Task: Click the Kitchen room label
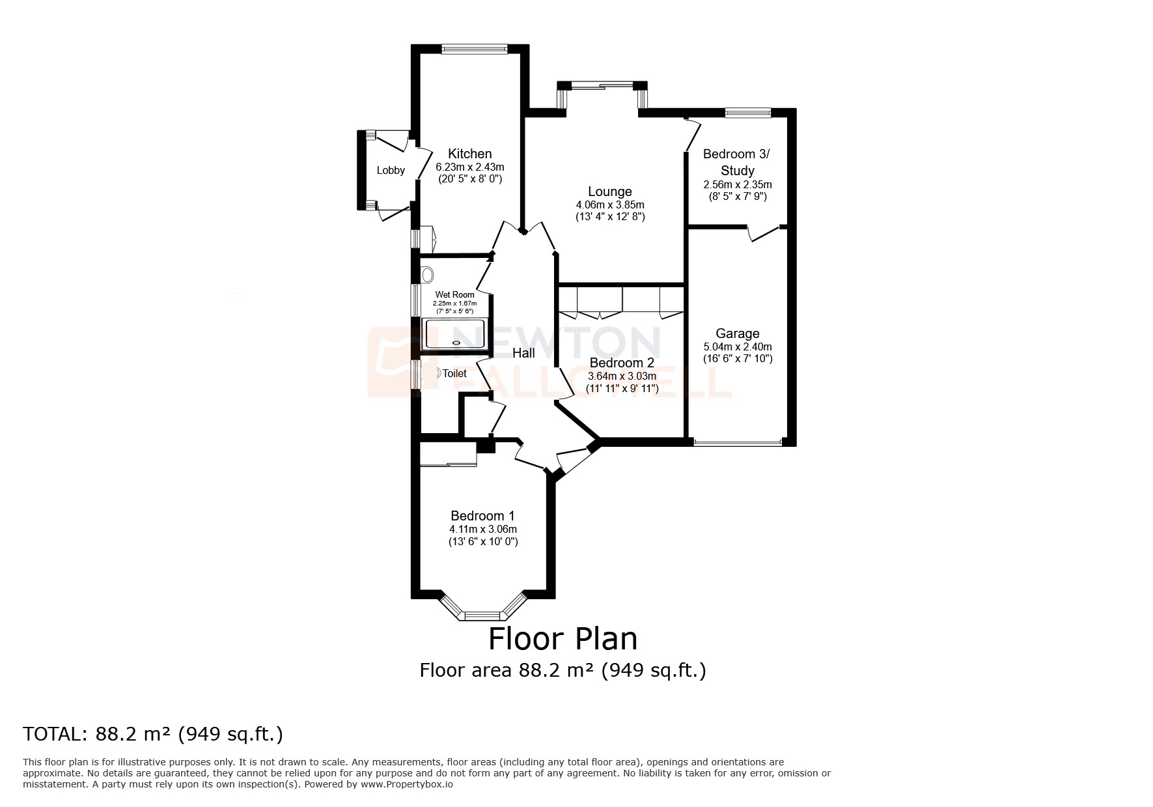tap(469, 154)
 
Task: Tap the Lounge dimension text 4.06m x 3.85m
tap(609, 205)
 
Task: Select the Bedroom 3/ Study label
tap(737, 162)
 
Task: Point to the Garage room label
tap(737, 333)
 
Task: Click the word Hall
tap(523, 353)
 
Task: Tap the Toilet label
tap(454, 374)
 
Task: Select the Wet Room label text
tap(454, 294)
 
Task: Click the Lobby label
tap(391, 171)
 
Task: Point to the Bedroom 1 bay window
tap(482, 614)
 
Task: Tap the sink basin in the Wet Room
tap(427, 274)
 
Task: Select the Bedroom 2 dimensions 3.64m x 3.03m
tap(622, 376)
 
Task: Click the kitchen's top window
tap(473, 48)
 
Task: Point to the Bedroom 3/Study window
tap(747, 113)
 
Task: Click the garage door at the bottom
tap(737, 443)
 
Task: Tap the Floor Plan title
tap(563, 639)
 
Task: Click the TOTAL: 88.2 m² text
tap(153, 734)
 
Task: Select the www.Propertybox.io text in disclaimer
tap(406, 785)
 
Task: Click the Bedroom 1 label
tap(482, 516)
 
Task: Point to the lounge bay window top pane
tap(603, 85)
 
